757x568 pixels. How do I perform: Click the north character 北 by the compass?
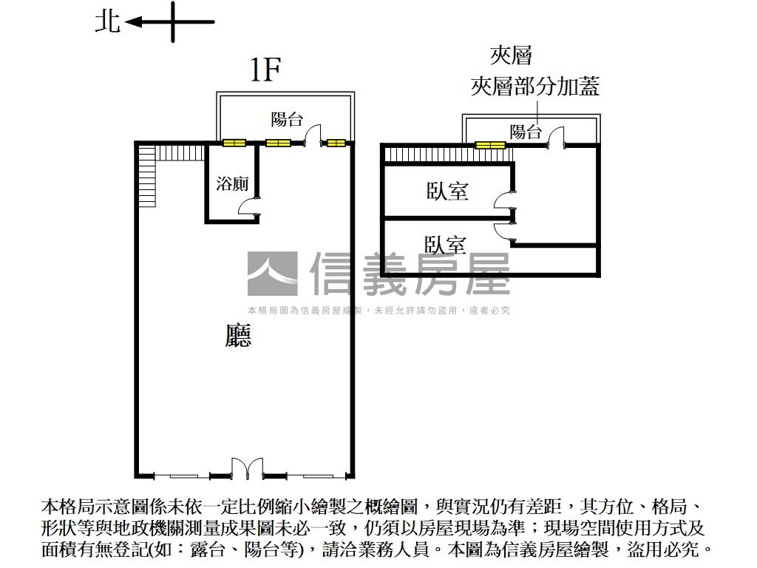click(x=107, y=21)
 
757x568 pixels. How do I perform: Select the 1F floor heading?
click(x=265, y=70)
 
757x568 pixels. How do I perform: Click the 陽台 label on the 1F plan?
click(x=286, y=119)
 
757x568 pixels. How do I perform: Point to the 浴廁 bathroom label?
click(x=232, y=183)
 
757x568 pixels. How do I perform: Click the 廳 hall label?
click(x=238, y=336)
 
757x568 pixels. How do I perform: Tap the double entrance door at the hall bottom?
click(x=246, y=468)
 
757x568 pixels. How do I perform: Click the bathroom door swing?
click(x=246, y=210)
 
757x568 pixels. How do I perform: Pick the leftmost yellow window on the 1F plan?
click(x=234, y=143)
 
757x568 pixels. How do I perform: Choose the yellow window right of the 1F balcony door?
click(x=336, y=143)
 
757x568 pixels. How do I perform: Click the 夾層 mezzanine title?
click(x=511, y=55)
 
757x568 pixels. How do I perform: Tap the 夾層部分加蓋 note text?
click(x=534, y=87)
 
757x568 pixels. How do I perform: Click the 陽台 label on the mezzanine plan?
click(x=526, y=132)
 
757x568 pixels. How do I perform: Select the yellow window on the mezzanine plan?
click(x=490, y=145)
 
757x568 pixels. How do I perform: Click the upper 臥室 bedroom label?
click(x=447, y=191)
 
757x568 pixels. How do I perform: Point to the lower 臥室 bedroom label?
click(x=445, y=244)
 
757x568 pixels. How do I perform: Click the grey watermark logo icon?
click(x=272, y=274)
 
